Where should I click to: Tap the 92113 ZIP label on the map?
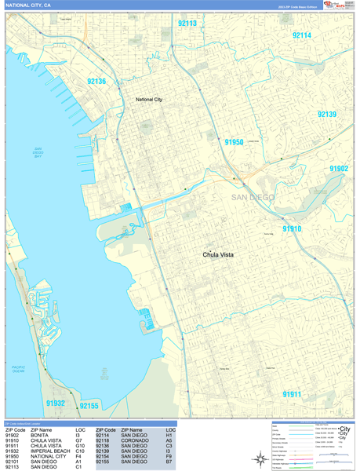[x=187, y=24]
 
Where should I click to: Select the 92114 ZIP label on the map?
[x=302, y=35]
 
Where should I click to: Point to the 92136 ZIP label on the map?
[x=97, y=81]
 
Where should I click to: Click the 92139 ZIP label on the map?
[x=327, y=115]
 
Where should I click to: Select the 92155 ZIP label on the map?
[x=89, y=406]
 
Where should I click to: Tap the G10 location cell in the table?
[x=81, y=447]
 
